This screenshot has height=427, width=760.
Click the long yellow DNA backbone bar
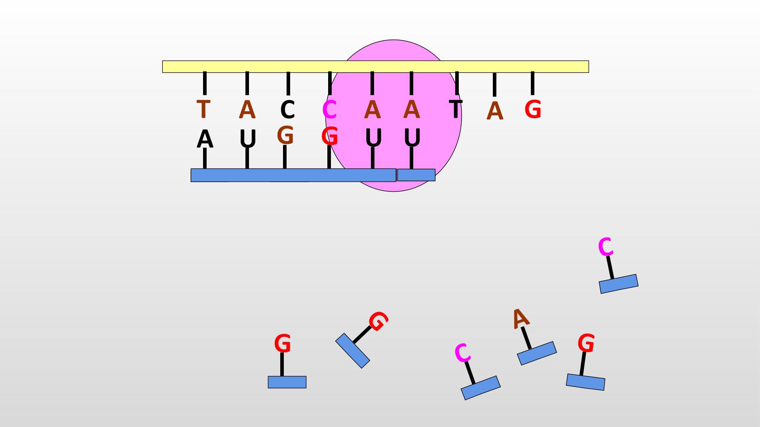(375, 66)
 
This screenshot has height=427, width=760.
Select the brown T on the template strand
(203, 109)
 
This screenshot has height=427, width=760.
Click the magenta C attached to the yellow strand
(329, 110)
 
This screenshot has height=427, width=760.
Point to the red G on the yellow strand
(533, 110)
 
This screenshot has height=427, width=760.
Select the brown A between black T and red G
(495, 111)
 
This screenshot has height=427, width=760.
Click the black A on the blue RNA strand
(205, 139)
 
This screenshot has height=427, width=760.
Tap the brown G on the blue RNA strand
(285, 135)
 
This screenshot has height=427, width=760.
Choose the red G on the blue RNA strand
(329, 136)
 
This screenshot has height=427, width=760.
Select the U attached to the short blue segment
(412, 138)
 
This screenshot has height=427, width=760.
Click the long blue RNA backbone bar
(293, 175)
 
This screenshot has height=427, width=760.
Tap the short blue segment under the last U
(416, 175)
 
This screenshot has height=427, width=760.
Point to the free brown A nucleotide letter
(520, 318)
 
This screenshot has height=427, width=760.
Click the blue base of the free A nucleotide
(537, 353)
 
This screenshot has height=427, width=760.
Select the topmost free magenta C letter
(606, 247)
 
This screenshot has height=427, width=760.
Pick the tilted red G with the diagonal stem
(378, 321)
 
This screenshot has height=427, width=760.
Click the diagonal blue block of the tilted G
(353, 350)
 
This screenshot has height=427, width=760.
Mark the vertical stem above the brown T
(205, 83)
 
